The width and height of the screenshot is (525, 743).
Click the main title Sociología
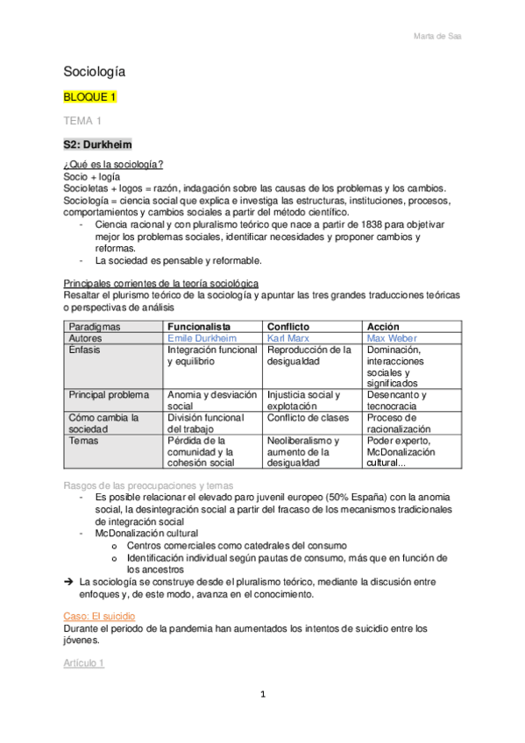[95, 71]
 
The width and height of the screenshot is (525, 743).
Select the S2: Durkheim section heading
[97, 144]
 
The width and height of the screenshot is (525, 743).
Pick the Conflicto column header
[287, 326]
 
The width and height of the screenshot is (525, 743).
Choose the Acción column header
[383, 326]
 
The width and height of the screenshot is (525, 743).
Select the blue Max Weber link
[393, 337]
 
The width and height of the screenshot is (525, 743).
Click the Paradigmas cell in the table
[96, 326]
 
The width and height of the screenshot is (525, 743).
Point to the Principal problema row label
[110, 394]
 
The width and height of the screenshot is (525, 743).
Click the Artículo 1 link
[84, 663]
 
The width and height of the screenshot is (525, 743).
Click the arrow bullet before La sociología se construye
[69, 581]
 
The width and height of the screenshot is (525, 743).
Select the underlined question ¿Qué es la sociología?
[114, 165]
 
